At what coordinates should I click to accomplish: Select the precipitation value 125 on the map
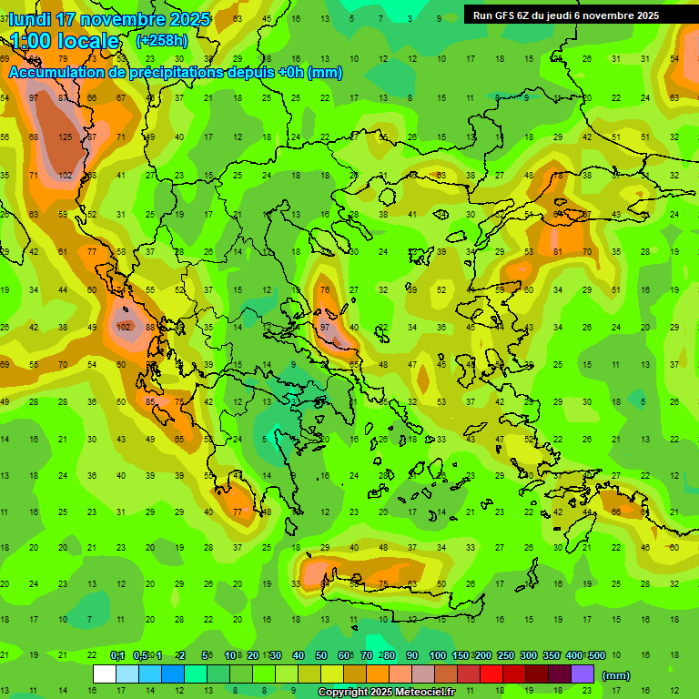65,137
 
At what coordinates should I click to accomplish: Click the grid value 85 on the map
151,401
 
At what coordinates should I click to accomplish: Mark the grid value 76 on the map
325,290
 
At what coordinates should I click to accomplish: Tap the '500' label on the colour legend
596,656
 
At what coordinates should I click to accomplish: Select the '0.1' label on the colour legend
117,656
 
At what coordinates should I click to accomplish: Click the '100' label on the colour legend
437,656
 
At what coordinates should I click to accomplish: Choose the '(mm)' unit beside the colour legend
616,676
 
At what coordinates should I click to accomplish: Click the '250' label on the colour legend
505,656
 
